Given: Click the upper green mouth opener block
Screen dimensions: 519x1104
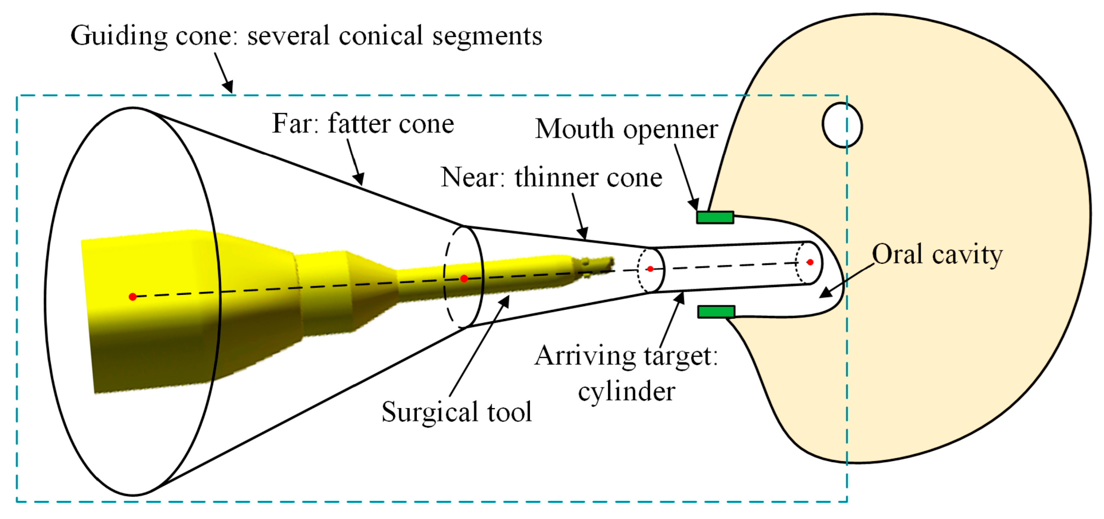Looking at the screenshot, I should click(x=715, y=217).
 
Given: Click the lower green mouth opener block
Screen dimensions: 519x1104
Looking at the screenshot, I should click(x=716, y=311).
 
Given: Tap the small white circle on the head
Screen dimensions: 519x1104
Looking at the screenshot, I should click(x=842, y=125).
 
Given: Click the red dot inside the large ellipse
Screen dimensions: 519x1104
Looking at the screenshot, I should click(x=133, y=297).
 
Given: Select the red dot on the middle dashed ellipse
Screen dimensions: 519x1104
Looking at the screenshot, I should click(x=464, y=279).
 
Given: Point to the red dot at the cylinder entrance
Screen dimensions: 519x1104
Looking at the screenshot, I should click(x=650, y=269).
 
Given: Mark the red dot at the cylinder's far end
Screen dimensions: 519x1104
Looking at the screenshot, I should click(x=810, y=262).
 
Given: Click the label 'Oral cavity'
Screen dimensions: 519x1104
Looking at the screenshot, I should click(x=937, y=255).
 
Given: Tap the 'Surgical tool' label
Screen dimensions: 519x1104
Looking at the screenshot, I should click(x=456, y=412).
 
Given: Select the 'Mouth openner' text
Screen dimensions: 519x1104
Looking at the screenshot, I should click(x=626, y=130).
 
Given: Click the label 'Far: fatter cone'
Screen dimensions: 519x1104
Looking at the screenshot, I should click(x=363, y=124).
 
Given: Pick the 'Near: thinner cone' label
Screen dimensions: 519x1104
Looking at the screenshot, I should click(x=551, y=178).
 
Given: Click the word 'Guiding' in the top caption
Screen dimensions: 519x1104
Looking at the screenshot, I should click(x=118, y=36).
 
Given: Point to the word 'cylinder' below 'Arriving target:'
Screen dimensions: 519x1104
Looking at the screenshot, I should click(x=627, y=392).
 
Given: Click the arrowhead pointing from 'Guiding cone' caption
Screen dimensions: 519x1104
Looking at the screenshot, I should click(x=228, y=87).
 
